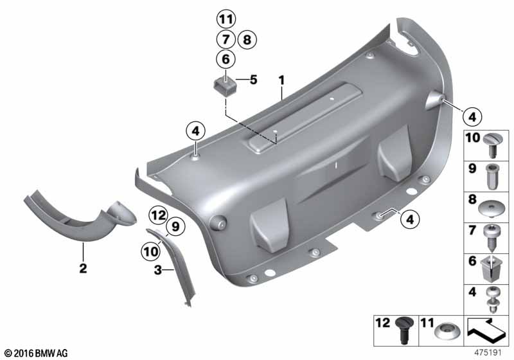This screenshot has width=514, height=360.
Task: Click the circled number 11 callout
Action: tap(226, 19)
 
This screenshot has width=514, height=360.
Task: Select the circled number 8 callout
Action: tap(247, 40)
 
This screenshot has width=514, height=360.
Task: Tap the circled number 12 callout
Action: tap(159, 215)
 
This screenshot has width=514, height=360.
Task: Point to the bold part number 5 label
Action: tap(253, 80)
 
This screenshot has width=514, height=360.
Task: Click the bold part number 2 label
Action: tap(84, 268)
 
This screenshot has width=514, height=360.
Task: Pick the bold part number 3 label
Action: tap(158, 270)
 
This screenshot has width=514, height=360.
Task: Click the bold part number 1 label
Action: tap(281, 80)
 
